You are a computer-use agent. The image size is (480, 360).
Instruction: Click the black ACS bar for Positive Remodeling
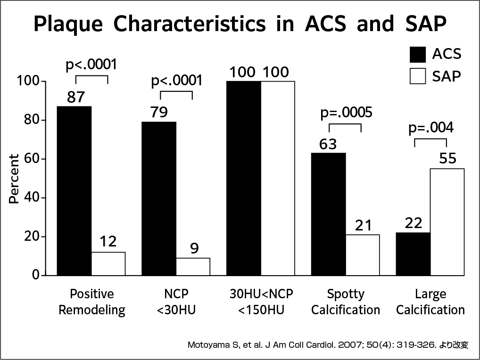(74, 190)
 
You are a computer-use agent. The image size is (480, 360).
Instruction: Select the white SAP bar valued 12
(108, 263)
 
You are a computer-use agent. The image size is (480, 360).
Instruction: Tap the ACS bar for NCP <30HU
(159, 198)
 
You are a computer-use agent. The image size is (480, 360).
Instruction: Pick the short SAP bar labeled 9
(193, 266)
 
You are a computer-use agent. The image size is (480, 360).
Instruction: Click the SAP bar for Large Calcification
(447, 221)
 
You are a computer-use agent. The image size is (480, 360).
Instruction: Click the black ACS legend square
(418, 54)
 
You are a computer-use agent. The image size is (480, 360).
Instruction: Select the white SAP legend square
(418, 76)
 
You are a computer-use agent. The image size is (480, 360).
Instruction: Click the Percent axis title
(15, 179)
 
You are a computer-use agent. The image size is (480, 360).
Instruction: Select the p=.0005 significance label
(346, 113)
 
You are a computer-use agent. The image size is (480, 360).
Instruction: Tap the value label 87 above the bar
(75, 97)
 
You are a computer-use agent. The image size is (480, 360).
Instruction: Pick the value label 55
(447, 159)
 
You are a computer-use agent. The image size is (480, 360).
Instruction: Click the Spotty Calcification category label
(346, 302)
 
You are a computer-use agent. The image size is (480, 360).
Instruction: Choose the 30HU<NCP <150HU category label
(261, 302)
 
